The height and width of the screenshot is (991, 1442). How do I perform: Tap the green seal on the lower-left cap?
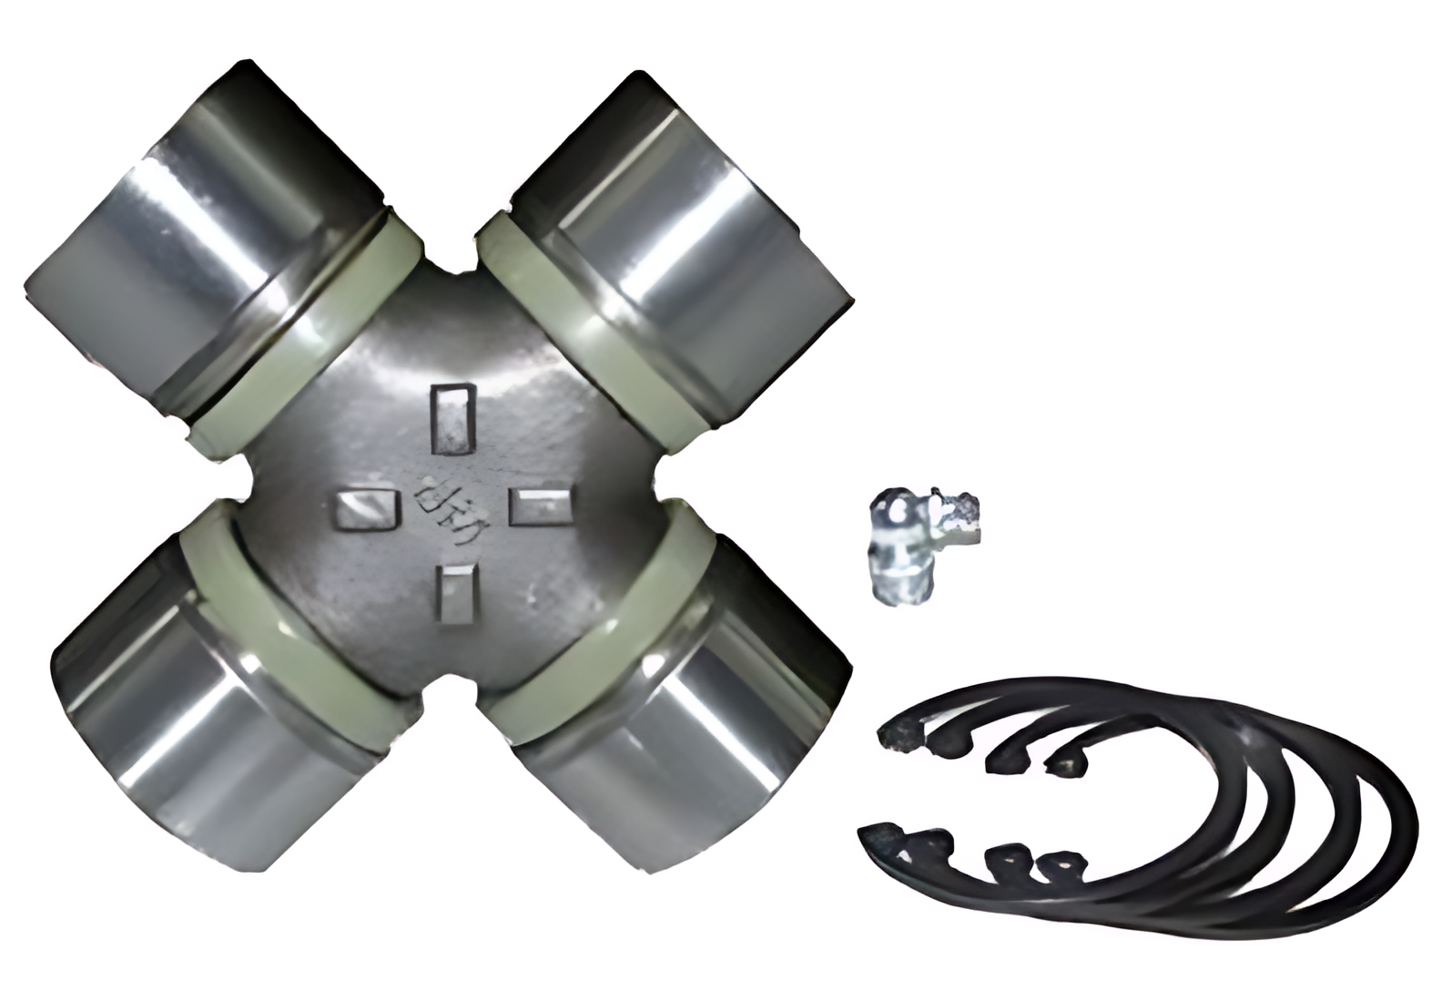point(291,628)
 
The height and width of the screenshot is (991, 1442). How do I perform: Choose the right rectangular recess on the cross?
point(539,506)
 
